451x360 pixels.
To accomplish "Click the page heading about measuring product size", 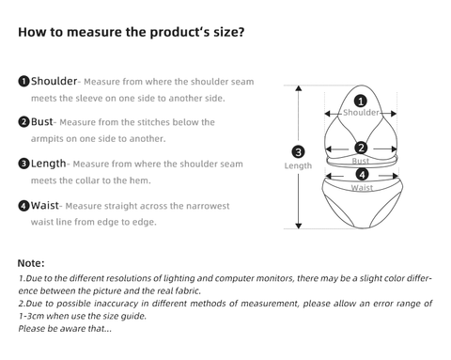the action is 131,32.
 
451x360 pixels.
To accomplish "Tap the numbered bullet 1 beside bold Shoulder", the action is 23,82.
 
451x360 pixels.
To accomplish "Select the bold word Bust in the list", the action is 41,121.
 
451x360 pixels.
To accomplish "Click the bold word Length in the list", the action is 48,164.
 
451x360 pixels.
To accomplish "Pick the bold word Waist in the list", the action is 44,206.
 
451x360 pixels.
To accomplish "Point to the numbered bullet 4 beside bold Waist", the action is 23,206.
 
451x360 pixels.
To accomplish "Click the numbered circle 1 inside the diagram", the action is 361,102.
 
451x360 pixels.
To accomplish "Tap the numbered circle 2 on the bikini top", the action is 361,148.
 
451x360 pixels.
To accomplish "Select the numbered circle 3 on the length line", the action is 298,152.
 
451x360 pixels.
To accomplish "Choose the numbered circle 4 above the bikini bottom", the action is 362,175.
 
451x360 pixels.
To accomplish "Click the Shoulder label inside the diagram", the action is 361,113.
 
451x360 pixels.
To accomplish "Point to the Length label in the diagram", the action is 298,165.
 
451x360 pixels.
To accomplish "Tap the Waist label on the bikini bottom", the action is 362,188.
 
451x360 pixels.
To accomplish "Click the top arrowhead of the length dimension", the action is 299,88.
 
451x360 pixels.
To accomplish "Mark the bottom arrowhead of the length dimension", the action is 299,226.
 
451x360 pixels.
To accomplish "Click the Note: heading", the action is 31,263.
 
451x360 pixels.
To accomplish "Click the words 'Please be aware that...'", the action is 65,328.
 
